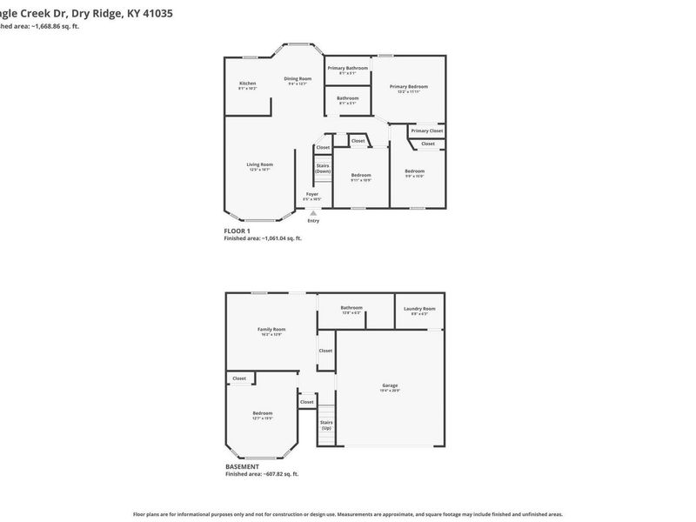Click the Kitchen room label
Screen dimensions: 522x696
247,84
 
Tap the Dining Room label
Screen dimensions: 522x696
297,79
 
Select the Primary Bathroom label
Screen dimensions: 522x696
348,68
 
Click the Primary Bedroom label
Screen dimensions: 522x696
408,86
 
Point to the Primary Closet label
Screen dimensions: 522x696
427,130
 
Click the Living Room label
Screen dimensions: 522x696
259,164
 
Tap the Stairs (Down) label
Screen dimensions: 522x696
323,168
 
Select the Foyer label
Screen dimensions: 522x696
311,194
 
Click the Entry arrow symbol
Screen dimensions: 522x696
313,213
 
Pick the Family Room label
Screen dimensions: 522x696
271,330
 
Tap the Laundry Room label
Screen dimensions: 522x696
419,308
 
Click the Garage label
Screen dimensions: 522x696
390,385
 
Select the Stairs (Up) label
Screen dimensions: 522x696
326,425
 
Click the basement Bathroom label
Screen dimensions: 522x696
351,307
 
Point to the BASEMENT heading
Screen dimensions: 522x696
242,466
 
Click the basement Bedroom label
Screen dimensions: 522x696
262,413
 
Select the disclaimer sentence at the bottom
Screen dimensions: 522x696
347,514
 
